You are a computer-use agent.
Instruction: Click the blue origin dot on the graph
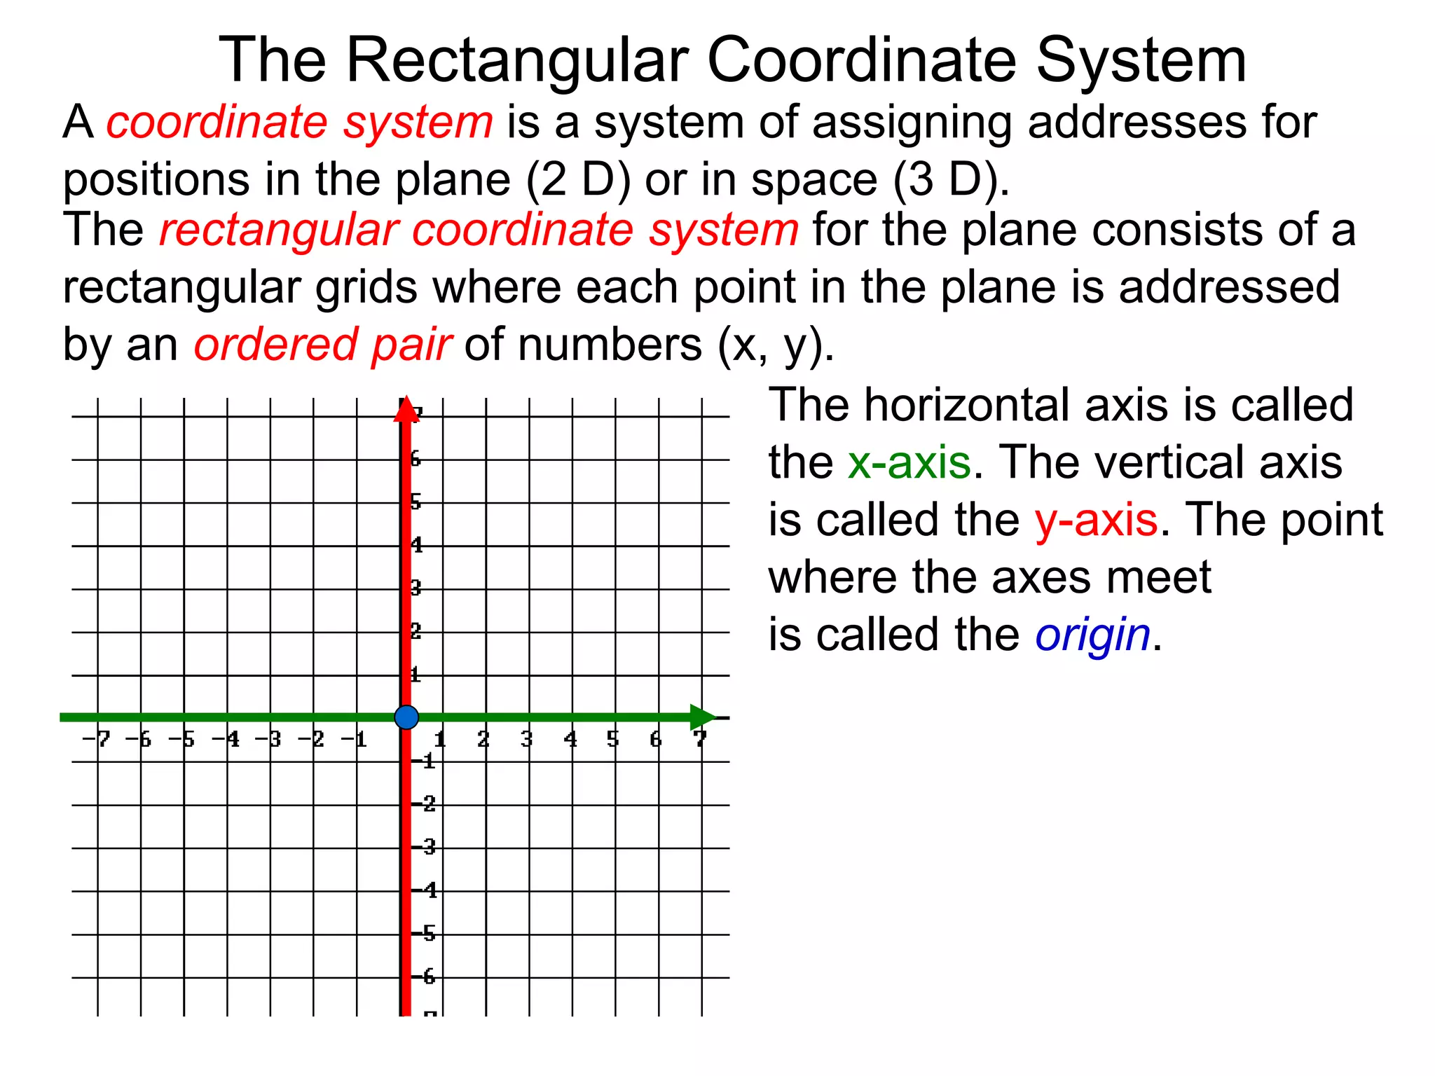(x=406, y=717)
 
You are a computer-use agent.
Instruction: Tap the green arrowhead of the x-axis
(x=702, y=717)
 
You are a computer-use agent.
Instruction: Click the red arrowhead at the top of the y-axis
(x=406, y=411)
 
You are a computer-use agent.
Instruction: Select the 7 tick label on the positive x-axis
(x=700, y=739)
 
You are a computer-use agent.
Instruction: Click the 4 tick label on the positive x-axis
(x=571, y=739)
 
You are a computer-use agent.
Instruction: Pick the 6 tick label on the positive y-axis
(x=416, y=460)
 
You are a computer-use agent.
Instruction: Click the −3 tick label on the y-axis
(x=426, y=848)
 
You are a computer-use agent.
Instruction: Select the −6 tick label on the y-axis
(x=426, y=977)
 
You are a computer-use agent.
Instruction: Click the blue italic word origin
(x=1092, y=635)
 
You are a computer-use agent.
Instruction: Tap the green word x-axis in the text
(x=909, y=463)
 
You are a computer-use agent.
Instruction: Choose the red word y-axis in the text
(x=1096, y=520)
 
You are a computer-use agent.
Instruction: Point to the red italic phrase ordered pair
(x=323, y=345)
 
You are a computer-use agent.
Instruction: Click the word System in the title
(x=1141, y=61)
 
